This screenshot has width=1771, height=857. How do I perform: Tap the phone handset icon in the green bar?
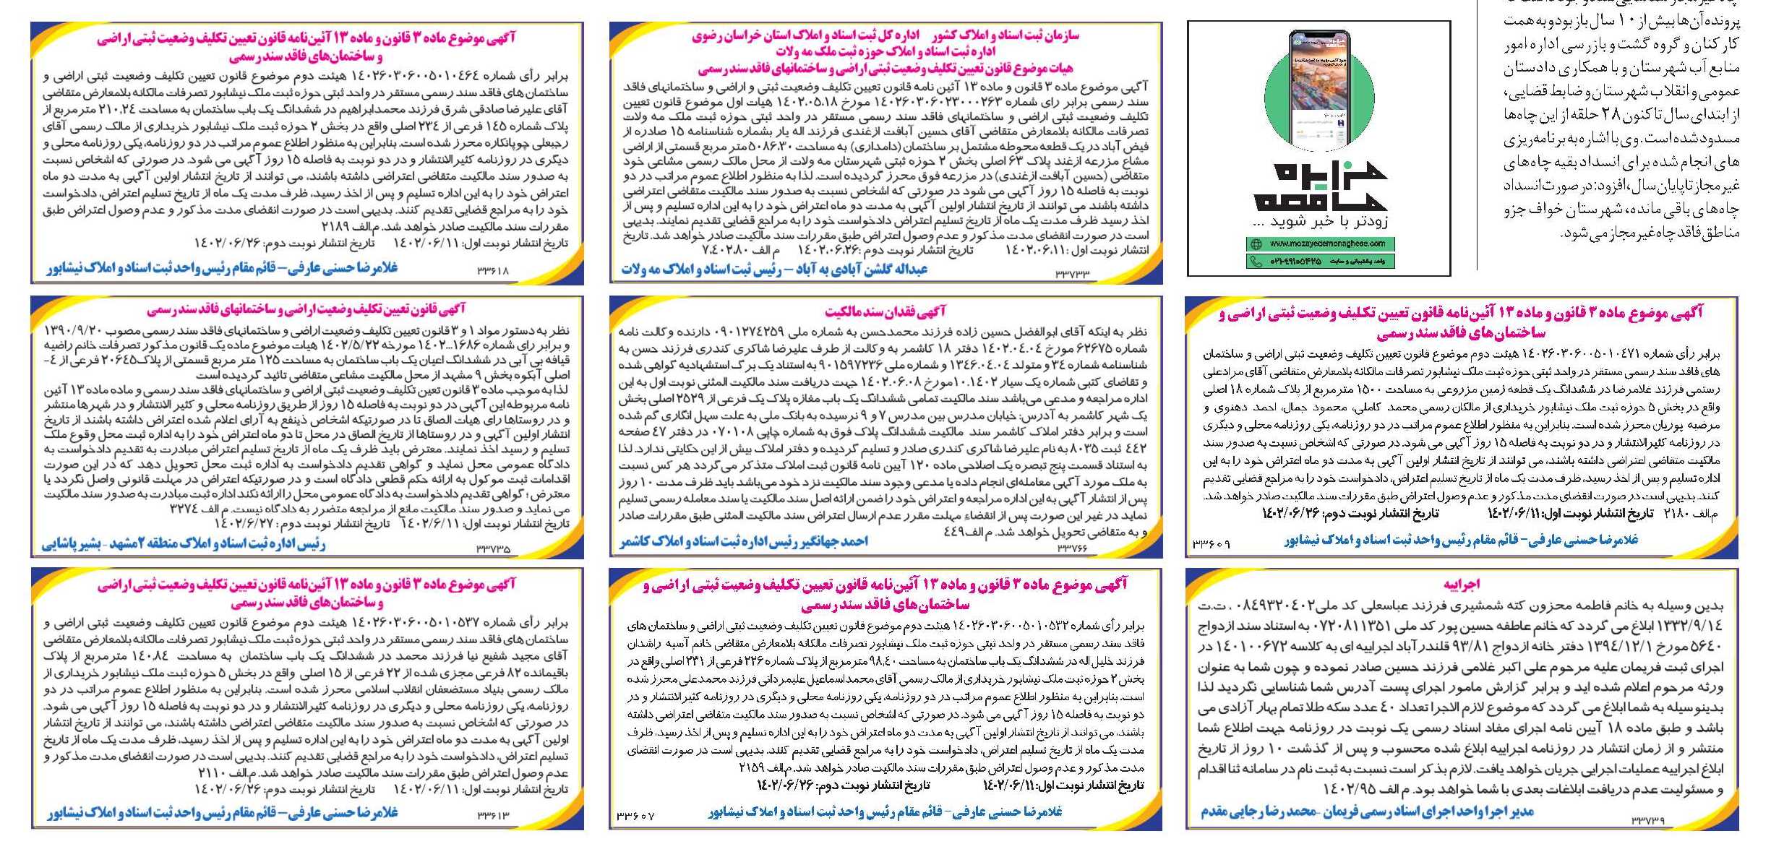(1256, 261)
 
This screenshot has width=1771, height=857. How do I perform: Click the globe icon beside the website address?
(1256, 244)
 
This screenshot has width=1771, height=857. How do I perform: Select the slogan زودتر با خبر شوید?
(1319, 220)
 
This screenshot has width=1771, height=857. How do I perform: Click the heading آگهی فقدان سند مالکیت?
(885, 311)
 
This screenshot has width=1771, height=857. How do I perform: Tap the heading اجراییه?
(1462, 584)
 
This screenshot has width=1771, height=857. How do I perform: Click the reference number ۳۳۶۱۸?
(493, 271)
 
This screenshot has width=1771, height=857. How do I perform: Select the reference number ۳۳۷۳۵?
(493, 549)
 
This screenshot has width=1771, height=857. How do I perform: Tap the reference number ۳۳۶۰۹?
(1211, 543)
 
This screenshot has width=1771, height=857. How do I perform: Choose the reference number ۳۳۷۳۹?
(1648, 820)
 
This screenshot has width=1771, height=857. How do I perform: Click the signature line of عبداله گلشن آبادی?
(773, 270)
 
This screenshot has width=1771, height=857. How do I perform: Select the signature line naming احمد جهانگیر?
(743, 541)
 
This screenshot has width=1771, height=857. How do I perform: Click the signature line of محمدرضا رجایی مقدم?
(1367, 811)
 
